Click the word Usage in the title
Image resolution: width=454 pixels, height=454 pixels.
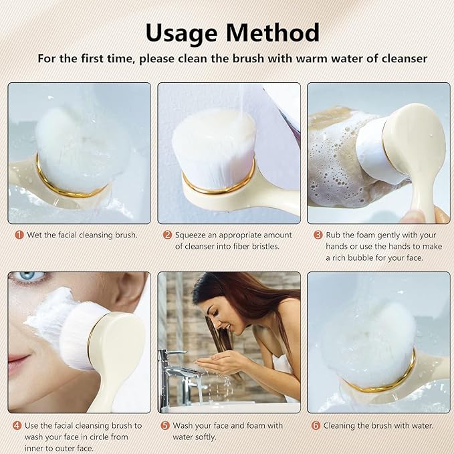coord(182,32)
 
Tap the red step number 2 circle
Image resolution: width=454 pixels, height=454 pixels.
coord(168,235)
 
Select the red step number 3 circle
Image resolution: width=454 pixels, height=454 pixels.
coord(318,235)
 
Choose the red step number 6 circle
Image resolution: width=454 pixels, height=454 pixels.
coord(316,425)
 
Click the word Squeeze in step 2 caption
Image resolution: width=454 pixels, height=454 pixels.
coord(192,235)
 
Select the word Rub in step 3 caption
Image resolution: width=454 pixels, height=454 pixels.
coord(334,235)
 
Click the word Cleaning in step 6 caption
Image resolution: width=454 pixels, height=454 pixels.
coord(343,425)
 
